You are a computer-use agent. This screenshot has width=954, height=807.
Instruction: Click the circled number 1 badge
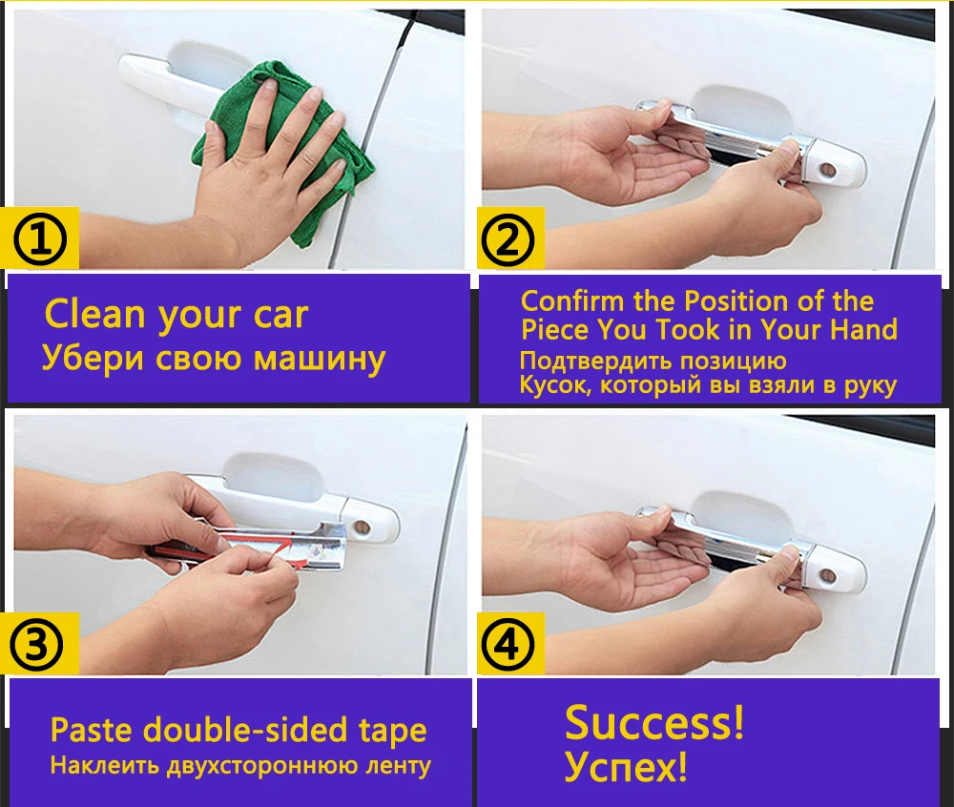click(x=39, y=239)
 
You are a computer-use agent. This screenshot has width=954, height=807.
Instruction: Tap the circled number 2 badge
click(x=508, y=239)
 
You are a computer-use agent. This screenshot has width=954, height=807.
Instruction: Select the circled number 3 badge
click(x=36, y=645)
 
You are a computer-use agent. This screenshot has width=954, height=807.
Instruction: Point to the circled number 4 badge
click(x=508, y=645)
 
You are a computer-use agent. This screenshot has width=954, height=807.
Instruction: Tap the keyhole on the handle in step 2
click(x=827, y=170)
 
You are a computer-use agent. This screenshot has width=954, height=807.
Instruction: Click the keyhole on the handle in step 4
click(x=827, y=574)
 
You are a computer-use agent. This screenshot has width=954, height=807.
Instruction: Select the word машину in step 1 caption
click(x=319, y=359)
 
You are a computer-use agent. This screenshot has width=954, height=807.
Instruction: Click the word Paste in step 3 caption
click(x=93, y=729)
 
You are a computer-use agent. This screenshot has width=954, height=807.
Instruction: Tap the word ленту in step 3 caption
click(x=398, y=766)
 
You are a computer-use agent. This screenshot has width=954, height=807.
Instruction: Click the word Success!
click(x=654, y=722)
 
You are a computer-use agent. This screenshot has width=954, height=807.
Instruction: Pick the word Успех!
click(x=626, y=766)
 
